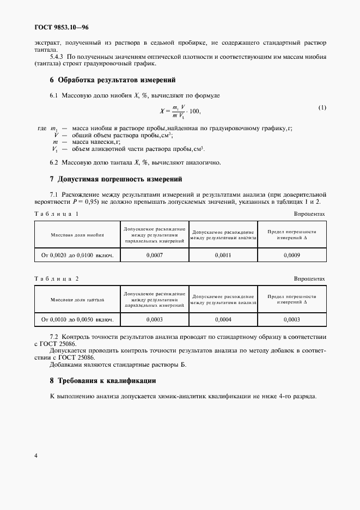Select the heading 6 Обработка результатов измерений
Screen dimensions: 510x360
[112, 80]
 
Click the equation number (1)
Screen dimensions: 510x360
[322, 107]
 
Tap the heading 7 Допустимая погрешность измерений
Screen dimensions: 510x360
[115, 179]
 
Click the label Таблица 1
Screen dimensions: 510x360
[56, 214]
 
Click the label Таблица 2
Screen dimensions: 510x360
[56, 278]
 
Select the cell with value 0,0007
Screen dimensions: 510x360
[155, 255]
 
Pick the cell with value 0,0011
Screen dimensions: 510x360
[223, 255]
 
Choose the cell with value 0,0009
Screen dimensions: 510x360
[291, 255]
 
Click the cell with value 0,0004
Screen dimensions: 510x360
[223, 320]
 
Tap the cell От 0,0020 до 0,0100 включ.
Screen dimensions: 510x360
[77, 255]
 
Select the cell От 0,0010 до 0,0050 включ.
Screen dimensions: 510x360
[77, 320]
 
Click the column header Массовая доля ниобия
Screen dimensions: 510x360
[77, 235]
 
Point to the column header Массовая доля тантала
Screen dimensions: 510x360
[77, 300]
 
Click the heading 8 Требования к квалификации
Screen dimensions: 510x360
[103, 380]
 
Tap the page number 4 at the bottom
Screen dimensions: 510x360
[36, 456]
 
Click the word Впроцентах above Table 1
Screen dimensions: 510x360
[309, 214]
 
